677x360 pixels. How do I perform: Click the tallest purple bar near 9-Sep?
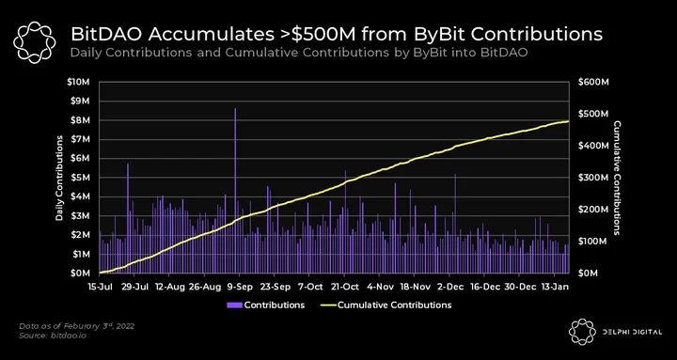point(235,191)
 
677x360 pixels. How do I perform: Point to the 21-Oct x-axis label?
point(344,287)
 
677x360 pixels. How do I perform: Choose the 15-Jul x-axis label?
point(101,287)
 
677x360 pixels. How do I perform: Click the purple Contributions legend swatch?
point(234,305)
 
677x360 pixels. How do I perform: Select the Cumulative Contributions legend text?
point(394,305)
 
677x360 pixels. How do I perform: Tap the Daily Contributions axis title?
point(59,178)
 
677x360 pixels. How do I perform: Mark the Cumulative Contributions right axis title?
point(617,178)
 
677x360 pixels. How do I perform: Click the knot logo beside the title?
point(35,42)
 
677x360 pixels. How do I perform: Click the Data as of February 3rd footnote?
point(77,325)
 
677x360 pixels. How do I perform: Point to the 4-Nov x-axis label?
point(380,287)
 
